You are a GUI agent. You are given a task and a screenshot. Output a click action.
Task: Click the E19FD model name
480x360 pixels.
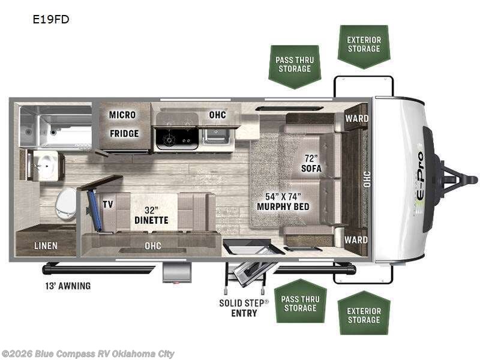click(x=51, y=19)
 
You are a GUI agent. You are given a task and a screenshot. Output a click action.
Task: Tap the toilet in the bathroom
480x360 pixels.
click(x=65, y=203)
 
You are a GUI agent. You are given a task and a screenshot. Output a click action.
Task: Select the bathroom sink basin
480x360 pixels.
click(x=45, y=166)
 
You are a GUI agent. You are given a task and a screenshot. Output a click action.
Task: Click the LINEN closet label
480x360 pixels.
click(x=46, y=245)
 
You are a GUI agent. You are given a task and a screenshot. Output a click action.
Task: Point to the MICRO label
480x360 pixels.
click(x=122, y=115)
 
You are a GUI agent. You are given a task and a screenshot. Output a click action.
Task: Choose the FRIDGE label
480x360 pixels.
click(x=124, y=133)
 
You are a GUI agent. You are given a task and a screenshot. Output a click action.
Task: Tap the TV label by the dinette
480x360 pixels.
click(x=108, y=204)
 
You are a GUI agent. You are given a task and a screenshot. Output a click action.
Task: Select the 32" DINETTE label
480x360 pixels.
click(x=151, y=215)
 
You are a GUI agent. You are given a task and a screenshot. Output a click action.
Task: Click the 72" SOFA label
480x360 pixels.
click(x=311, y=163)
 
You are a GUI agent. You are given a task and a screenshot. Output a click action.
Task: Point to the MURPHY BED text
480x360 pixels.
click(x=283, y=206)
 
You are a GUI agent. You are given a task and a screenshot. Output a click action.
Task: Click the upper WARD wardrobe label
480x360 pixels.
click(x=356, y=118)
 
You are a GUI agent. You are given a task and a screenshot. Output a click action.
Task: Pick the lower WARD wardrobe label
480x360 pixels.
click(x=356, y=239)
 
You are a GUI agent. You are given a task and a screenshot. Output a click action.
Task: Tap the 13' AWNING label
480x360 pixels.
click(x=68, y=286)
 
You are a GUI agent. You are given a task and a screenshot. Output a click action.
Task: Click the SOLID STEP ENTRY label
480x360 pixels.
click(x=244, y=308)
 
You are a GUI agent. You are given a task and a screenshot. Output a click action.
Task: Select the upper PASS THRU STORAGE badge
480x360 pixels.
click(x=295, y=67)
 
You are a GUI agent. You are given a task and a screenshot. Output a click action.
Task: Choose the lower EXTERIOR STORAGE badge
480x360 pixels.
click(x=364, y=313)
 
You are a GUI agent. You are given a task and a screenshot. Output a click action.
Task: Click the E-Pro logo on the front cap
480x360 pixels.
click(x=420, y=180)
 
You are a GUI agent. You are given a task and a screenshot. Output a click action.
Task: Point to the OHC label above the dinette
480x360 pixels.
click(x=153, y=245)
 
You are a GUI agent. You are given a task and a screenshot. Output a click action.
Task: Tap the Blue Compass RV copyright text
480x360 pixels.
click(x=88, y=354)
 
